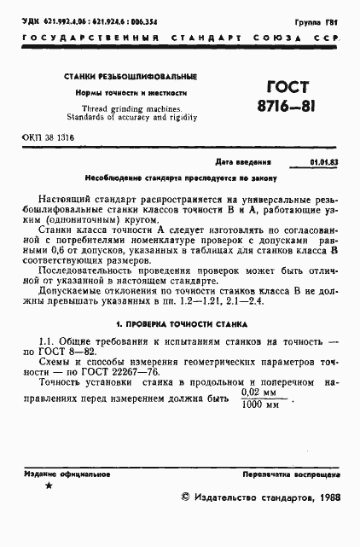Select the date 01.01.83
pyautogui.click(x=322, y=161)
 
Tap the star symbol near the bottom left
pyautogui.click(x=48, y=486)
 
